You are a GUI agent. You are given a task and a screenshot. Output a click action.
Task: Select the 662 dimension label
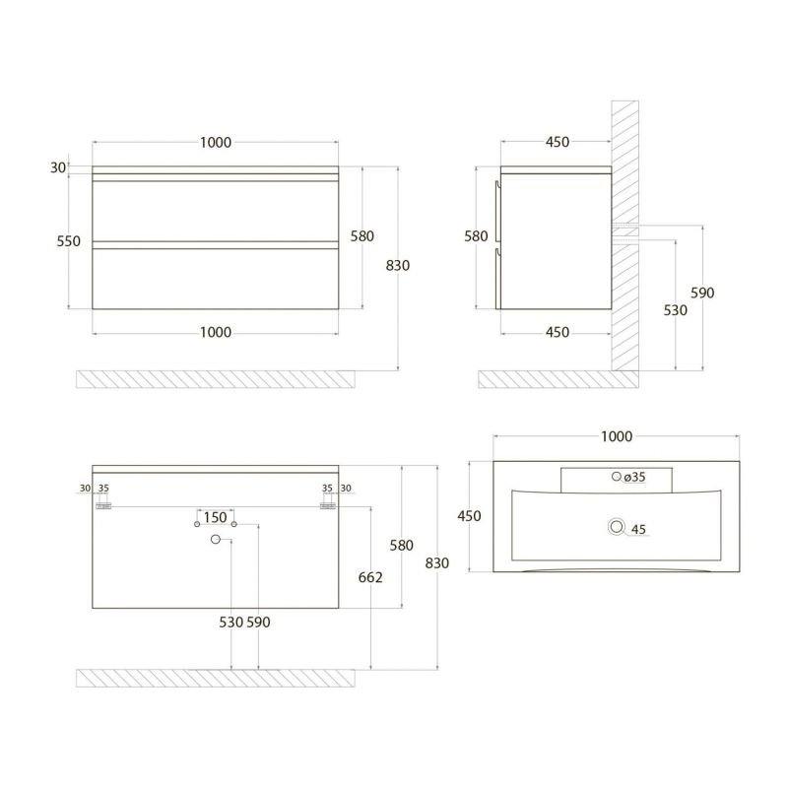click(370, 578)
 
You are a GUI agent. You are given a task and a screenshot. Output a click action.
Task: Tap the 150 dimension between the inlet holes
click(216, 517)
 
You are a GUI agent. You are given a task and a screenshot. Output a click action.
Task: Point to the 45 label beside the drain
click(638, 530)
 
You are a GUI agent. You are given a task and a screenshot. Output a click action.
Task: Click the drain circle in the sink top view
click(618, 528)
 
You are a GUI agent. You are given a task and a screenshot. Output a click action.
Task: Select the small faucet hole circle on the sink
click(617, 477)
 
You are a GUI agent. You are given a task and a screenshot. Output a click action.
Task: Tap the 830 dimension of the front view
click(398, 265)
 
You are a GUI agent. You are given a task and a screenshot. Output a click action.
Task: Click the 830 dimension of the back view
click(437, 563)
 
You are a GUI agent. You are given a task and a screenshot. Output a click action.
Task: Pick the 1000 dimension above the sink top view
click(616, 436)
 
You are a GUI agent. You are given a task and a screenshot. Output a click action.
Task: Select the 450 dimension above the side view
click(557, 142)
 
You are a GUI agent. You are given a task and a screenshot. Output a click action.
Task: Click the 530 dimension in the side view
click(676, 309)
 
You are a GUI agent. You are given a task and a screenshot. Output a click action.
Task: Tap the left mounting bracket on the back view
click(103, 505)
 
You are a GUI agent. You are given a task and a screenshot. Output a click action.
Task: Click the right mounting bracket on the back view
click(328, 505)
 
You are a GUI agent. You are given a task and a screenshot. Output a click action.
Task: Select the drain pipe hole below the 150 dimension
click(215, 539)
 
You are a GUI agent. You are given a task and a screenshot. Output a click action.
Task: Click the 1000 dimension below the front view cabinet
click(215, 332)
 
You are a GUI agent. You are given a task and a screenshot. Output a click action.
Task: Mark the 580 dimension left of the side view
click(477, 236)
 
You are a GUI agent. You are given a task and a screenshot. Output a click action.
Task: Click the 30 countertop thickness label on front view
click(58, 167)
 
